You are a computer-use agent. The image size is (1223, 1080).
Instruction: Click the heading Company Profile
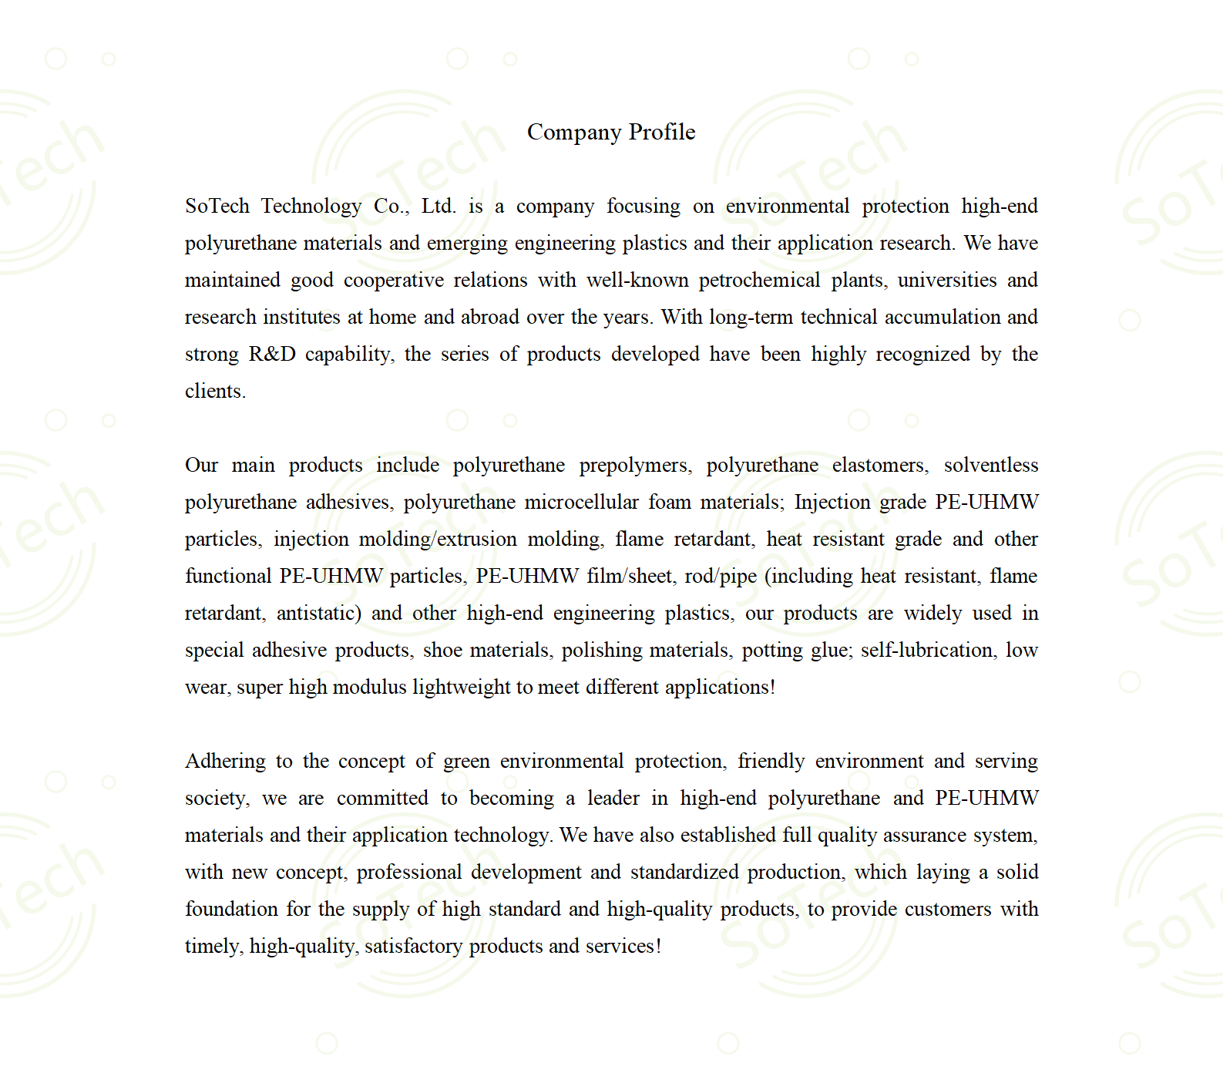coord(611,132)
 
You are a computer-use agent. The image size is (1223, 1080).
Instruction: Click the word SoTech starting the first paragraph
coord(217,206)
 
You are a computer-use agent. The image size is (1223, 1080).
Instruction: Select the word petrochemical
coord(759,280)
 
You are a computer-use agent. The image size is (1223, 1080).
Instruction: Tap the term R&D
coord(272,354)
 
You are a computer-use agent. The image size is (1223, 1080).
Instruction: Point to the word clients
coord(214,391)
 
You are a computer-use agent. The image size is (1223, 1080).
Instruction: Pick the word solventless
coord(990,465)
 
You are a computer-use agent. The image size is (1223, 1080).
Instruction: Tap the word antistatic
coord(318,613)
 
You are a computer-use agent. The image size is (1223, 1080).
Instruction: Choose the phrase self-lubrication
coord(926,650)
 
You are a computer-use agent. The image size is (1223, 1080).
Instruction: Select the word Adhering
coord(225,762)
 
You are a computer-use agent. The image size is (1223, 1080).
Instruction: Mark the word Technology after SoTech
coord(311,207)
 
